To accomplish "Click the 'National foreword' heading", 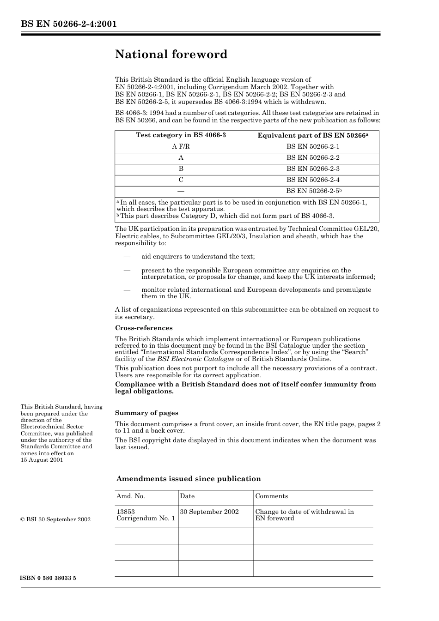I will (171, 54).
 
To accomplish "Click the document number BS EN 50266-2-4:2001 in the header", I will (68, 24).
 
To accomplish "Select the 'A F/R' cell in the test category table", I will (181, 146).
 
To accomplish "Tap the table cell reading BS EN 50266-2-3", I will (313, 169).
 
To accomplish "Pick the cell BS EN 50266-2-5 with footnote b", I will (313, 191).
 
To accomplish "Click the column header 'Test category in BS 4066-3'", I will (181, 135).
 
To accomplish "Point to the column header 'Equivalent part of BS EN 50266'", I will (313, 135).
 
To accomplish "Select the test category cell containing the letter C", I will (181, 180).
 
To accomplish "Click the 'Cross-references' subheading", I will (144, 328).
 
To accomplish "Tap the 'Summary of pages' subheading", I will (146, 413).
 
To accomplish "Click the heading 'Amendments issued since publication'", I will (189, 479).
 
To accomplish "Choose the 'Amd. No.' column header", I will (131, 496).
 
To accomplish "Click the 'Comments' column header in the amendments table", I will (271, 496).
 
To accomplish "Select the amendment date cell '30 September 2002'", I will (209, 512).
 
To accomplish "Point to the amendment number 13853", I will (126, 512).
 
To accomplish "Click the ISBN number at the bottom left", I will (48, 578).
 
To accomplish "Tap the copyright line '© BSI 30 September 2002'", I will (55, 519).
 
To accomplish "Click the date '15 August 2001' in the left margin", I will (42, 460).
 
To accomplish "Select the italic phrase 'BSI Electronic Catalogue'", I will (195, 359).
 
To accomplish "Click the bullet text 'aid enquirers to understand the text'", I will (198, 256).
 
